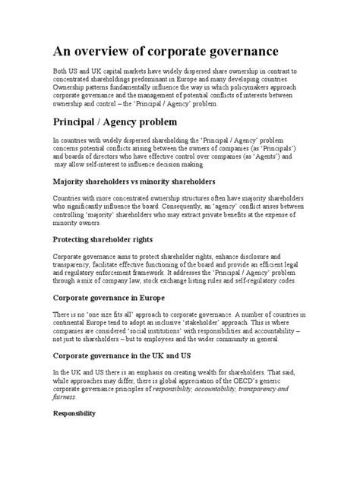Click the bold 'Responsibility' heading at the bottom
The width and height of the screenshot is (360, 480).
point(74,415)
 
